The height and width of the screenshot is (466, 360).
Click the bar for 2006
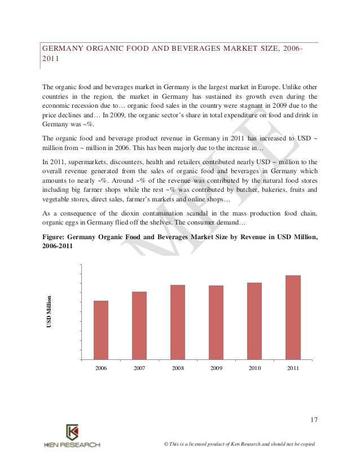[101, 329]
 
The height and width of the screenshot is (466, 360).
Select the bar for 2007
[139, 325]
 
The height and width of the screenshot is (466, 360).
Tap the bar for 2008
[178, 322]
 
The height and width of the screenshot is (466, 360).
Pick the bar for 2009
[216, 322]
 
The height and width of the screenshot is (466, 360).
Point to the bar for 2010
[254, 320]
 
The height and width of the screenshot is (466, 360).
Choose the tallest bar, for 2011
[293, 317]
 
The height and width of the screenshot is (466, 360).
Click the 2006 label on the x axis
[101, 368]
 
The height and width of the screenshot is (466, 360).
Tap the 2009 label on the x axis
[216, 368]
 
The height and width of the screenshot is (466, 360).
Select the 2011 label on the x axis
[293, 368]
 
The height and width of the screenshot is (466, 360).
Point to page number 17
[314, 419]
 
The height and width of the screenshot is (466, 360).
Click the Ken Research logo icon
[72, 433]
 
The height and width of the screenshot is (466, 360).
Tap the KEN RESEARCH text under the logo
[72, 445]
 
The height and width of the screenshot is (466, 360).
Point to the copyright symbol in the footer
[165, 445]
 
